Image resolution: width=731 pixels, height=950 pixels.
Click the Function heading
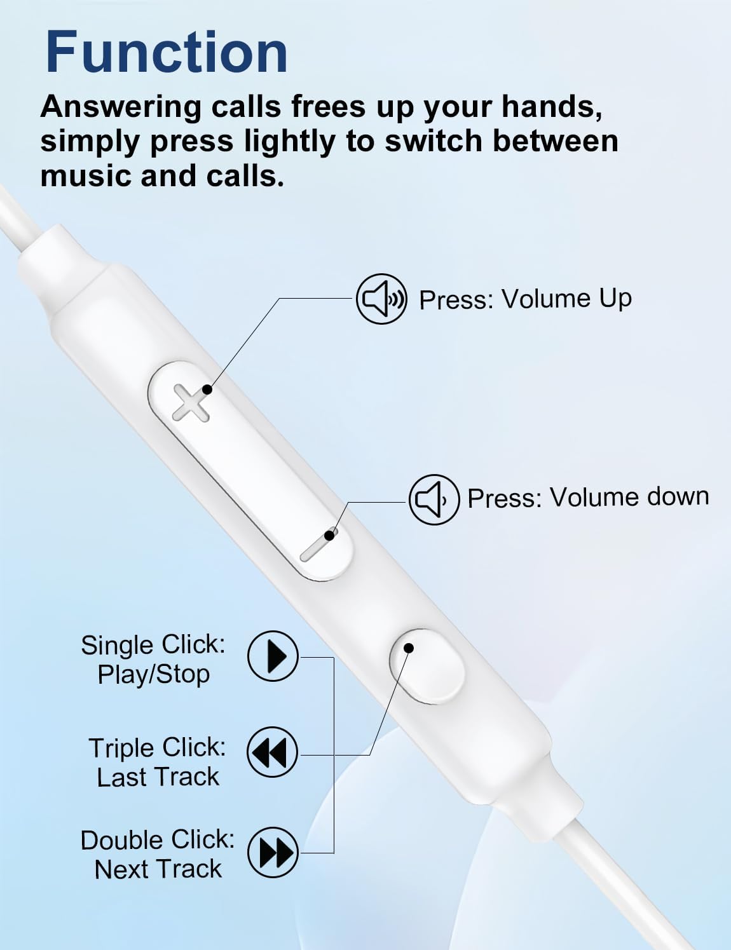pos(167,52)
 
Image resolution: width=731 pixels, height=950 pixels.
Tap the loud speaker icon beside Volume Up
pos(381,299)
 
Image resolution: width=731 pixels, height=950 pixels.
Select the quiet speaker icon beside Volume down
pos(434,499)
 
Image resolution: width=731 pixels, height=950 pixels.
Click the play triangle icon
pos(273,656)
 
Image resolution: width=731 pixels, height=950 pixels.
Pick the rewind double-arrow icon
pos(272,752)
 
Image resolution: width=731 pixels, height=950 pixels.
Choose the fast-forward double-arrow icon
pos(273,852)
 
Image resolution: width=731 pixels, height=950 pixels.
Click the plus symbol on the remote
pos(191,403)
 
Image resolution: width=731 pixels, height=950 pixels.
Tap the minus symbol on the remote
pos(318,546)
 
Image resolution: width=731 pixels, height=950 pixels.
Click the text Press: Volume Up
pos(526,299)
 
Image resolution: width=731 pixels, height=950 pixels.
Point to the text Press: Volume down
pos(588,498)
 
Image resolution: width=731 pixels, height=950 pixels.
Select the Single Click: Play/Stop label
pos(153,659)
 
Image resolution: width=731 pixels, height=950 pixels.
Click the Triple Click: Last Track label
pos(157,762)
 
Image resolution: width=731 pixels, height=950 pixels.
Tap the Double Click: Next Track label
pos(158,854)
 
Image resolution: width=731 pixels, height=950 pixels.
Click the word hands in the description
pos(551,107)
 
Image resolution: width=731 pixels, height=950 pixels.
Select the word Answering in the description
pos(121,107)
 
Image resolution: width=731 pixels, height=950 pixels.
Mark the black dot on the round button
pos(409,648)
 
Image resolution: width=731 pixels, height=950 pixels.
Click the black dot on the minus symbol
pos(330,534)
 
